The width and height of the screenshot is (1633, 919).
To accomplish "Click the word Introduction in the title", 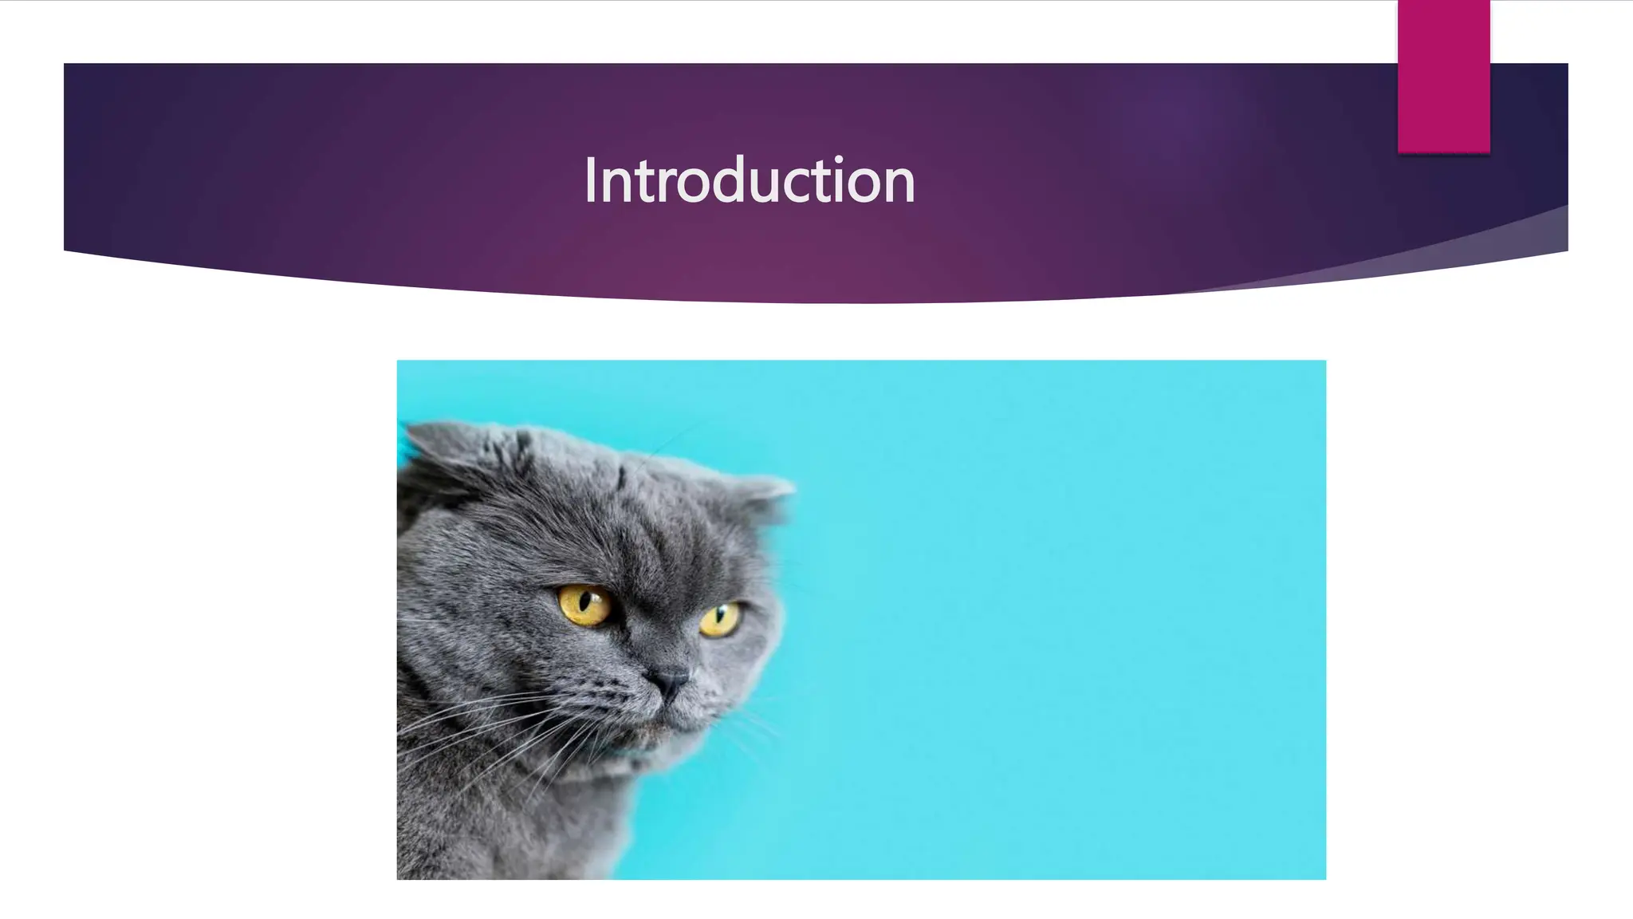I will [x=749, y=180].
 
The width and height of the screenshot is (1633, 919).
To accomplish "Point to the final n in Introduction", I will [x=899, y=185].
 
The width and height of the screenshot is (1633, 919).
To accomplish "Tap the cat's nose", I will [x=668, y=680].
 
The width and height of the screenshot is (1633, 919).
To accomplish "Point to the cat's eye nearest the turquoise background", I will [x=719, y=619].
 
